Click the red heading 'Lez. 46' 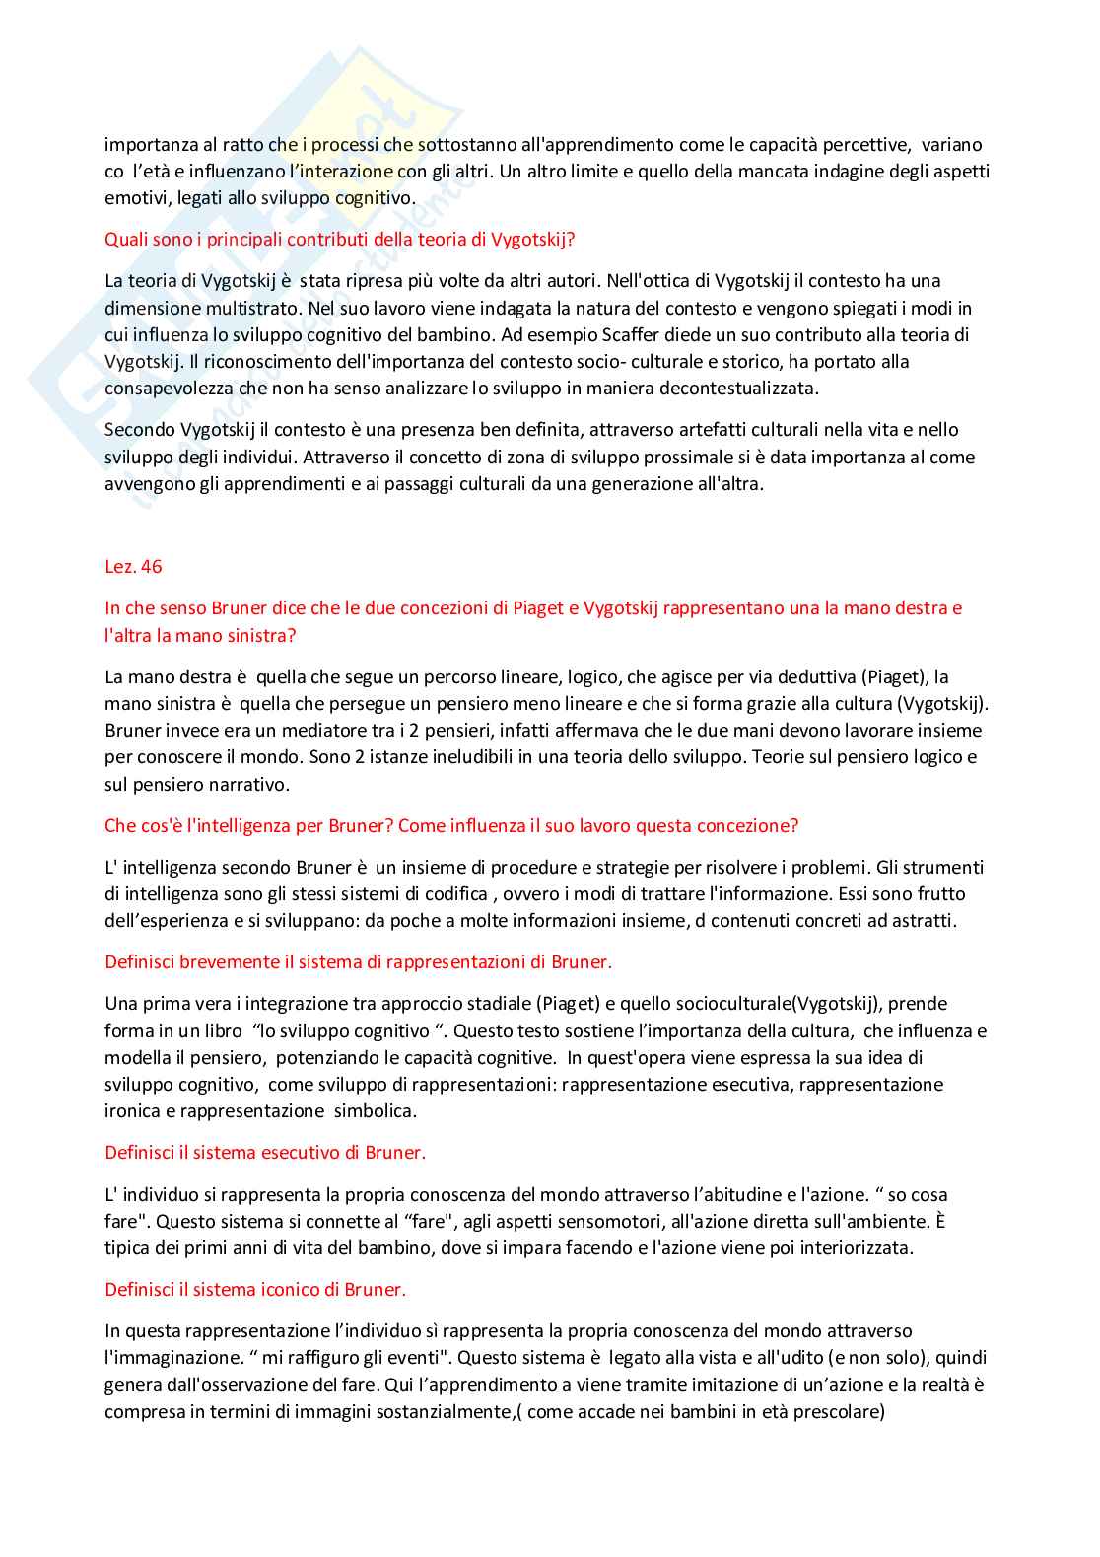tap(133, 567)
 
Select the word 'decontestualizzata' tap(741, 389)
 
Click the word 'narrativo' tap(250, 785)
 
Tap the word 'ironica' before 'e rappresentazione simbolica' tap(133, 1111)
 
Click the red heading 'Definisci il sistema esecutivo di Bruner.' tap(265, 1153)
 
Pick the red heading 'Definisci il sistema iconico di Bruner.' tap(255, 1290)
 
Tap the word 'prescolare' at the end tap(837, 1412)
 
